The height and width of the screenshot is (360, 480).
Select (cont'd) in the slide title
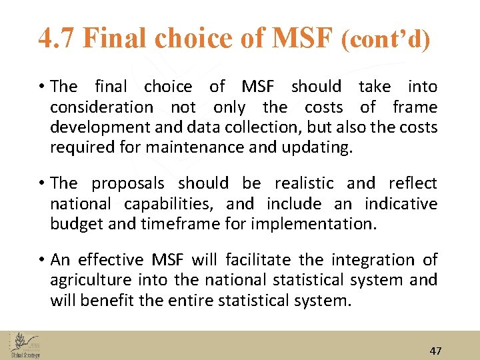[385, 40]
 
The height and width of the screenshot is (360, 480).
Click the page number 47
[435, 351]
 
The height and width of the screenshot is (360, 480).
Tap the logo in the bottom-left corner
[25, 345]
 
